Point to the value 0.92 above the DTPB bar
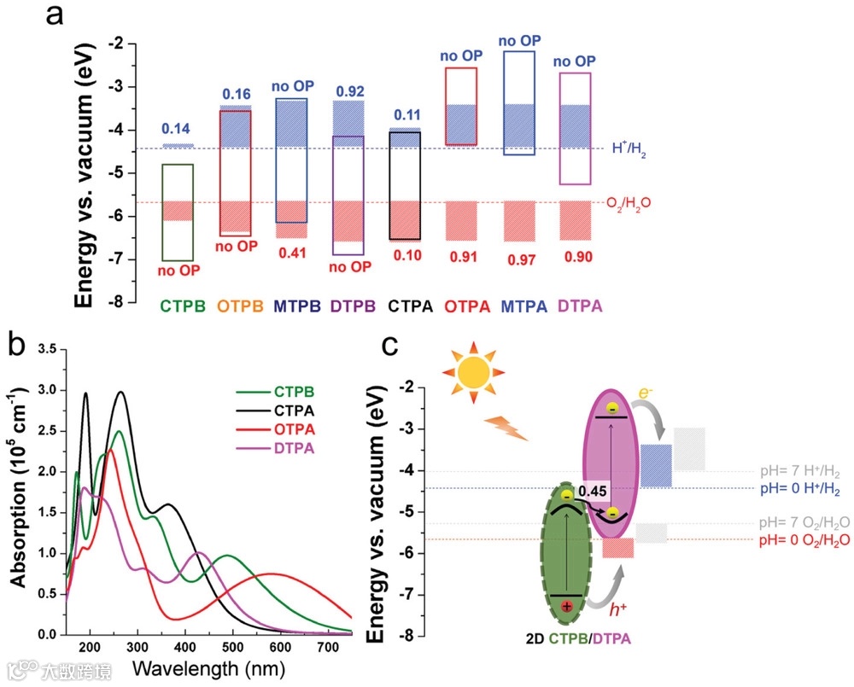(348, 91)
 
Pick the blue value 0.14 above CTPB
(177, 129)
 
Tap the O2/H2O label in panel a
(632, 203)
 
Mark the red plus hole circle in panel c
(566, 606)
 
